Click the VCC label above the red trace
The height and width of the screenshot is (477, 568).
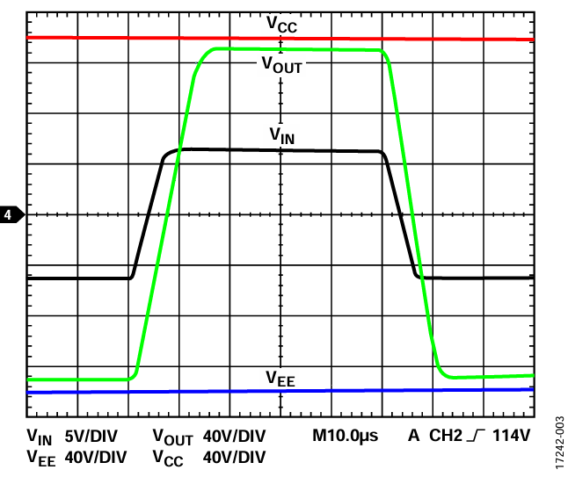(281, 25)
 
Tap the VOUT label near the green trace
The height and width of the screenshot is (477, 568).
(281, 64)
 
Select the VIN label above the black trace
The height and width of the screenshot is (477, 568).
(281, 135)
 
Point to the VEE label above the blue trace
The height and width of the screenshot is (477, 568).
(281, 379)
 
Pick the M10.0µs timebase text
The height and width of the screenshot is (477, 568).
(346, 436)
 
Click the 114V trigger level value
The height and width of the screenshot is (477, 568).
(513, 436)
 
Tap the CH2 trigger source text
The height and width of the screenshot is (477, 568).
(446, 436)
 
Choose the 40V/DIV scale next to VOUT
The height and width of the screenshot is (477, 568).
(234, 436)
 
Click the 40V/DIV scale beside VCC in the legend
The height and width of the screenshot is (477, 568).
(234, 457)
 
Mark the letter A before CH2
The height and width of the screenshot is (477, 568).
(413, 436)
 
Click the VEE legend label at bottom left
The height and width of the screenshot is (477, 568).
(40, 458)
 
